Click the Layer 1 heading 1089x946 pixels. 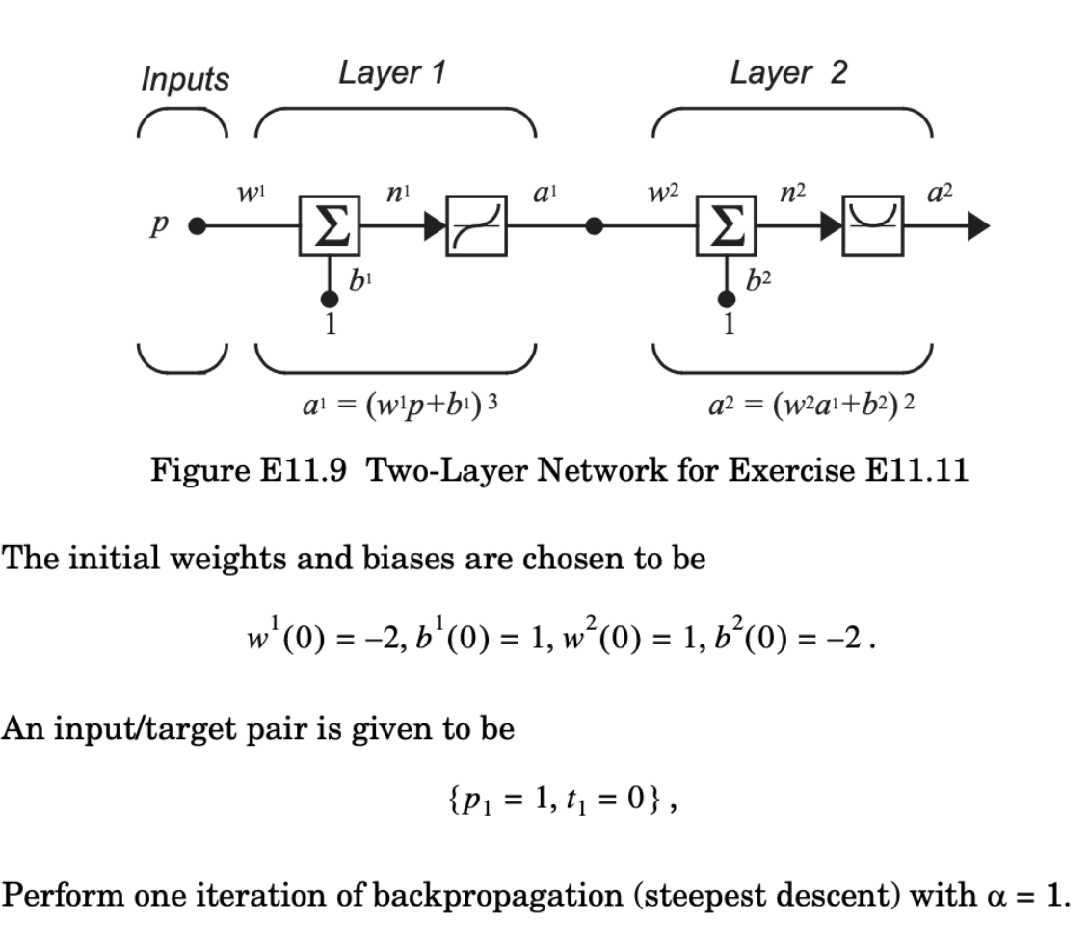391,73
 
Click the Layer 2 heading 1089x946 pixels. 788,73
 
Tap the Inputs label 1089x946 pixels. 185,79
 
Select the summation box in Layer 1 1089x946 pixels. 329,226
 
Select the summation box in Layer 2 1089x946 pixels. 728,226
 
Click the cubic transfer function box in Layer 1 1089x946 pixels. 475,226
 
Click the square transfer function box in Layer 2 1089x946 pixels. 871,226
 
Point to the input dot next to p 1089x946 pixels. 197,226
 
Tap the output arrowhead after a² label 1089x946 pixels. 975,226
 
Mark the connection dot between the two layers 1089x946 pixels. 595,226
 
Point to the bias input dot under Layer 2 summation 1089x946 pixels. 729,300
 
